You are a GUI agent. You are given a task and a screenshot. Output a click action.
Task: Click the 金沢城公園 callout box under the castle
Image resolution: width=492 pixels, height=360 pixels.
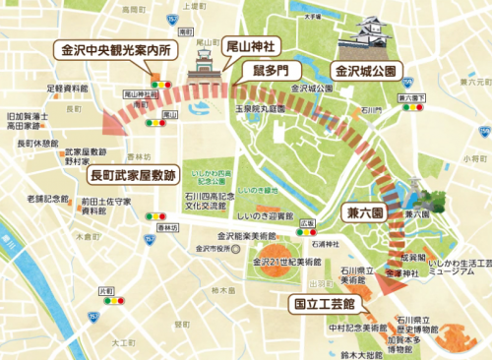(x=363, y=71)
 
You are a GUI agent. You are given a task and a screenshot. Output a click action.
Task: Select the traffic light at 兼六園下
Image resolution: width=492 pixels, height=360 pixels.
(x=409, y=110)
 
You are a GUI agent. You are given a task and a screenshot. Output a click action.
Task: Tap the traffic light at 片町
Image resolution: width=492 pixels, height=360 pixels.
(x=106, y=303)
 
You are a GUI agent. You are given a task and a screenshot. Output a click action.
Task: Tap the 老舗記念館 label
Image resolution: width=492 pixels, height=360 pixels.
(x=47, y=199)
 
